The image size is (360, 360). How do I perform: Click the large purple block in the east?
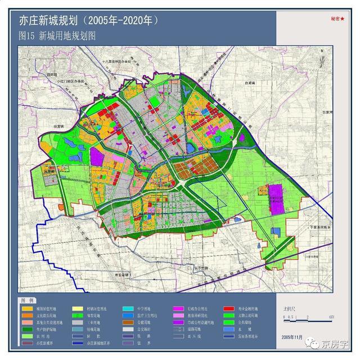[x=275, y=199]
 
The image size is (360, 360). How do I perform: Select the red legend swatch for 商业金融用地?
[x=228, y=309]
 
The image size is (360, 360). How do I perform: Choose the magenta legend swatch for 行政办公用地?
[x=178, y=309]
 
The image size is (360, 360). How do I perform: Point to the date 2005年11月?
[x=290, y=336]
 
